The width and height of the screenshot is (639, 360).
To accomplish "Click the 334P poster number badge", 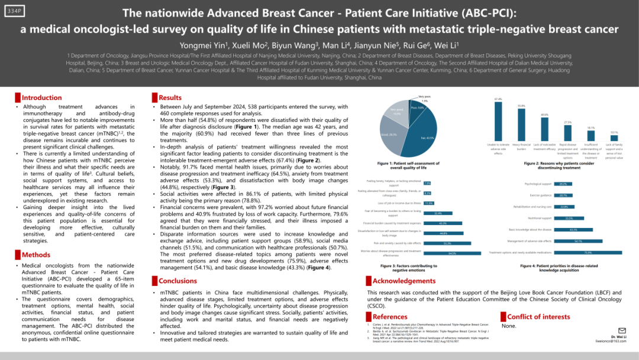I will click(x=14, y=12).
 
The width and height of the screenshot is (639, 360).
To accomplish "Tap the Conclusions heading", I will click(x=178, y=281).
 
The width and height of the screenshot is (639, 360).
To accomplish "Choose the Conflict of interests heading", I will click(x=538, y=317).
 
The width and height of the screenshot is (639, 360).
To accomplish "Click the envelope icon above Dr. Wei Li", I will click(x=622, y=330).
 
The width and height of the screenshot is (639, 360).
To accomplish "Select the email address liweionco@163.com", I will click(x=611, y=341).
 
